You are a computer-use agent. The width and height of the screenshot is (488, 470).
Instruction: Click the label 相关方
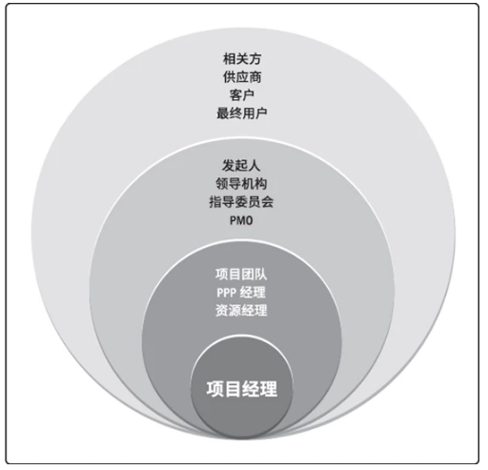(242, 59)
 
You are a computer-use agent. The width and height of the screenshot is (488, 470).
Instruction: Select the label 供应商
(242, 77)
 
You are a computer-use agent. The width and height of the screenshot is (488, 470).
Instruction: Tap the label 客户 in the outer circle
(242, 95)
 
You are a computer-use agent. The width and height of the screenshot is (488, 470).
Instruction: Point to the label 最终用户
(242, 113)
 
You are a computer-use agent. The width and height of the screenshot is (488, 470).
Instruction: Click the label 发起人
(241, 165)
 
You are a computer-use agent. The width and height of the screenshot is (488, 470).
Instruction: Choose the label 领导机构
(241, 183)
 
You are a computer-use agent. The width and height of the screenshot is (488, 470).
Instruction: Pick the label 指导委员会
(241, 201)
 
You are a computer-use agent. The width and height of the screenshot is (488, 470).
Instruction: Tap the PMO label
(241, 220)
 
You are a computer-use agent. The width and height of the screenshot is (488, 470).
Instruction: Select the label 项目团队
(241, 274)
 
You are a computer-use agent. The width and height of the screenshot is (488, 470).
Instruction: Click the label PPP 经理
(241, 293)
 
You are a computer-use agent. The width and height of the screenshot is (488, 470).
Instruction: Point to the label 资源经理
(241, 310)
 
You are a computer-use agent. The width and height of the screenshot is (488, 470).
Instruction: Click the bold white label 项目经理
(242, 389)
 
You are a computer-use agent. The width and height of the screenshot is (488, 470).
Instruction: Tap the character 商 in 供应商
(255, 77)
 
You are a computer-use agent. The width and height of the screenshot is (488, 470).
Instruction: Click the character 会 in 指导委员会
(268, 201)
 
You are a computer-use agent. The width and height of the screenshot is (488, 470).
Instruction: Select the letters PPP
(227, 293)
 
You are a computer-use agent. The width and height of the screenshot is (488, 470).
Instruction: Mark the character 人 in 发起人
(254, 165)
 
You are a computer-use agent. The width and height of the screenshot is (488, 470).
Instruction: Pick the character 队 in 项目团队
(261, 274)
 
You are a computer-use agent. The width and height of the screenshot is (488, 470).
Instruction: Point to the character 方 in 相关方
(255, 59)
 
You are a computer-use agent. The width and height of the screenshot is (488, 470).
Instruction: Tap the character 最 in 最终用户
(223, 113)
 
